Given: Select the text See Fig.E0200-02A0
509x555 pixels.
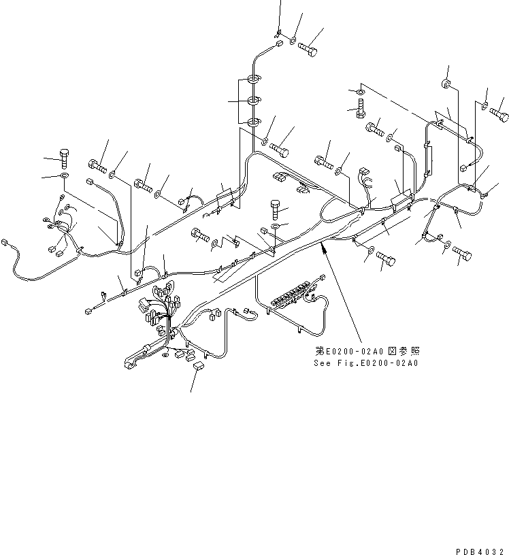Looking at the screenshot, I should tap(366, 363).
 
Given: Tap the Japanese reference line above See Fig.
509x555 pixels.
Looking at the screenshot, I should tap(367, 351).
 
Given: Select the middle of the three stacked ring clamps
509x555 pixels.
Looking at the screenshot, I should tap(253, 101).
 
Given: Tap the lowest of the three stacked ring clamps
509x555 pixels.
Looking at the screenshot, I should tap(253, 122).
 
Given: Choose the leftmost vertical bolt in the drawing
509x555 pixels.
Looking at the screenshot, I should tap(64, 157).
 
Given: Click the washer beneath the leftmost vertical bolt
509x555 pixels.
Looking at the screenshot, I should tap(64, 176).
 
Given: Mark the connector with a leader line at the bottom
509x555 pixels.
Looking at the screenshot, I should tap(198, 367).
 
